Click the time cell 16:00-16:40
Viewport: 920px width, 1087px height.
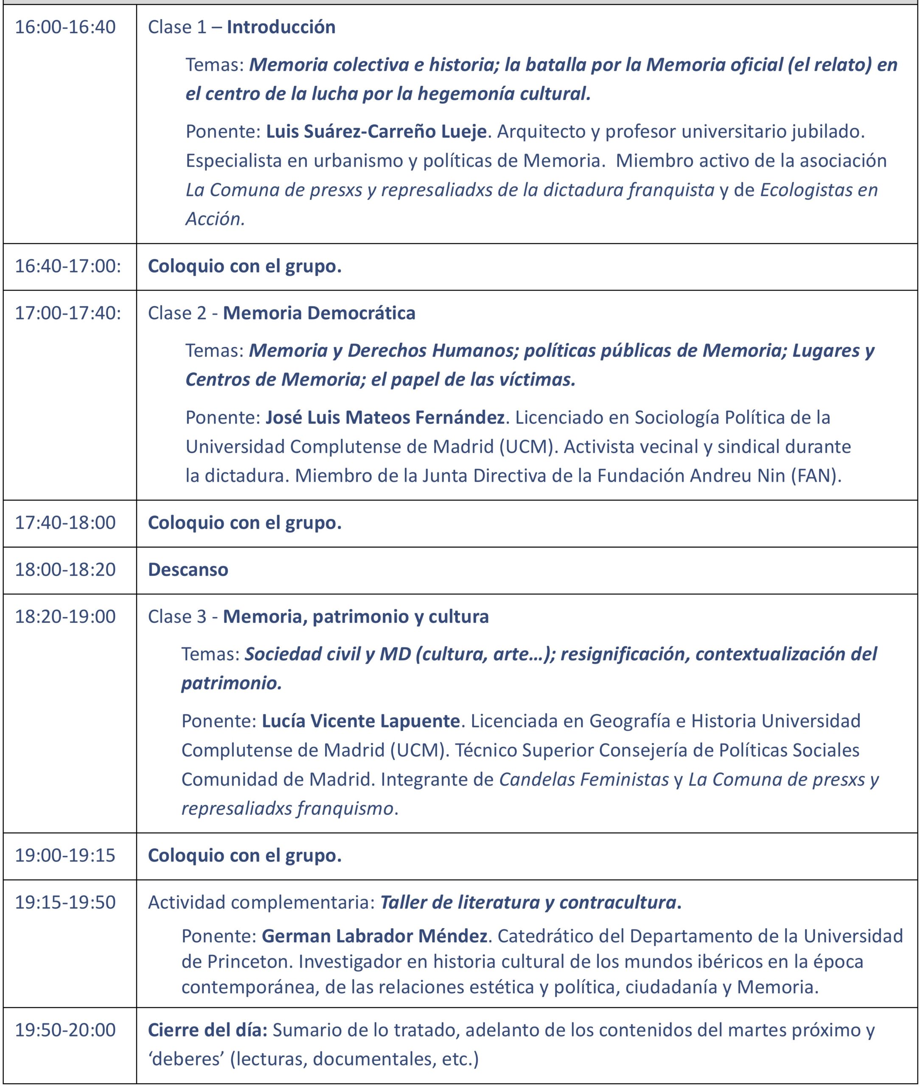(x=65, y=27)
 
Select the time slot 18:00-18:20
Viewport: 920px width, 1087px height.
(x=65, y=569)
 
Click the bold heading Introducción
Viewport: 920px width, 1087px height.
(x=280, y=27)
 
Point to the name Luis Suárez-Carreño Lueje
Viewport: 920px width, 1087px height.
(x=376, y=132)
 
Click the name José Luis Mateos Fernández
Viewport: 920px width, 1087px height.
(x=385, y=417)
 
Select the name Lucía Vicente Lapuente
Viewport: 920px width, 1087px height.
(x=360, y=721)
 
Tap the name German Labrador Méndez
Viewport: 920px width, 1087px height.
(x=374, y=936)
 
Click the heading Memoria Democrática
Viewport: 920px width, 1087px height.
(x=319, y=313)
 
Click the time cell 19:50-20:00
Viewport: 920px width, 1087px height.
(x=65, y=1030)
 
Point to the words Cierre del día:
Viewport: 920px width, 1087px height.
(x=208, y=1030)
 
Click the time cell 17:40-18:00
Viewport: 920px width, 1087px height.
(x=65, y=522)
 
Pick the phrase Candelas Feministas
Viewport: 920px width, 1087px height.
(x=583, y=779)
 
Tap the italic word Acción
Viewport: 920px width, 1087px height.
(x=215, y=219)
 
